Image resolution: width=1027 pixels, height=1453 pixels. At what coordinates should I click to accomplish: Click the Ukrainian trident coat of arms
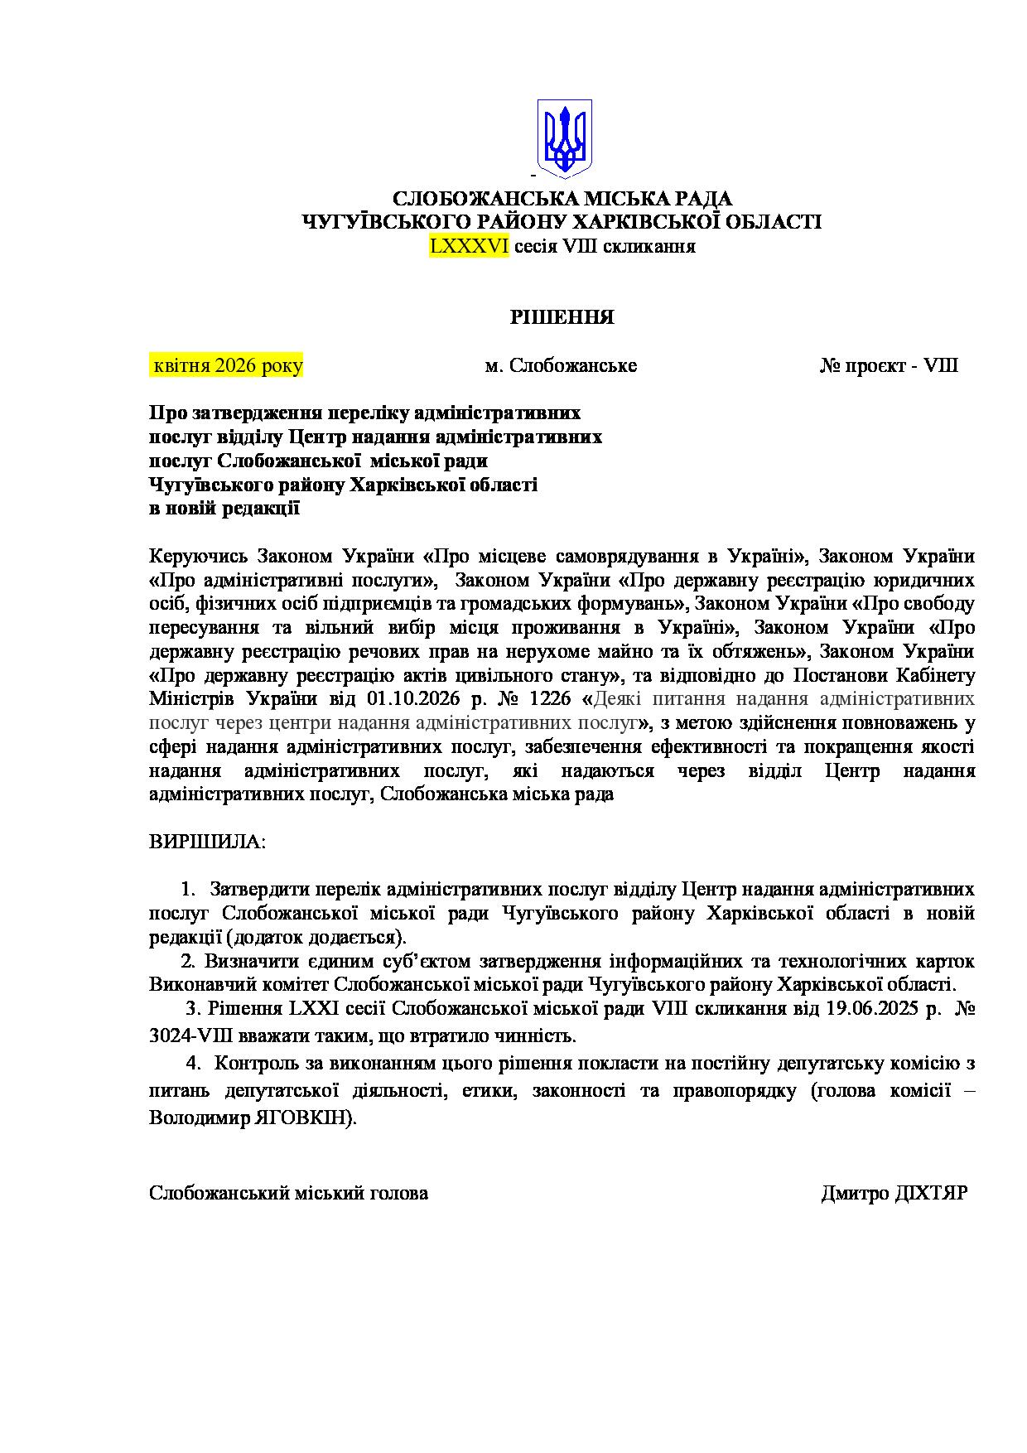(x=565, y=136)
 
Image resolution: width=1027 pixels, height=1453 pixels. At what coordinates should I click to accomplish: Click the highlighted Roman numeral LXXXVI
(x=469, y=246)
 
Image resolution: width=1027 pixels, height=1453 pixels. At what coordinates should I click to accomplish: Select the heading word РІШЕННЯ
(x=562, y=317)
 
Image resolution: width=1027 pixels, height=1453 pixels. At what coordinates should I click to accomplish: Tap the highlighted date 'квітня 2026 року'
(x=226, y=365)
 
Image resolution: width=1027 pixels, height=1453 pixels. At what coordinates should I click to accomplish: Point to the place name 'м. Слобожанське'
(x=561, y=365)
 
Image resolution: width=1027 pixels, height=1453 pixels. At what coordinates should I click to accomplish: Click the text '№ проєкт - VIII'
(x=889, y=365)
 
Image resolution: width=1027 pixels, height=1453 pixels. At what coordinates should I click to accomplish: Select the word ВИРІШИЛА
(x=207, y=842)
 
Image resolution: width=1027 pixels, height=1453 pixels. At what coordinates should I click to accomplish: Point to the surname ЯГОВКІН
(x=309, y=1117)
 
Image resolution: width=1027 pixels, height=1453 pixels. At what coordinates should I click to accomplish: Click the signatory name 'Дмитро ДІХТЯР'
(x=894, y=1193)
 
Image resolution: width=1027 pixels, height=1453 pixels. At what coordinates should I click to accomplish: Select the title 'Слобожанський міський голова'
(x=288, y=1193)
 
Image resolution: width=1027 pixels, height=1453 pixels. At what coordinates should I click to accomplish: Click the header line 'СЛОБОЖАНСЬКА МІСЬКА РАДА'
(x=562, y=199)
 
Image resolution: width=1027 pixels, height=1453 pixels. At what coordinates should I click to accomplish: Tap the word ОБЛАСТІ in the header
(x=768, y=222)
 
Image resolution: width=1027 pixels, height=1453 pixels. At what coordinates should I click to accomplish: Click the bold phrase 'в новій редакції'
(x=224, y=509)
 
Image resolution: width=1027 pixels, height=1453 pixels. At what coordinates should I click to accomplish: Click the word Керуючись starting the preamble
(x=200, y=554)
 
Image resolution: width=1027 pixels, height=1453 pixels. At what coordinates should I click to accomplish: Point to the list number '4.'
(x=194, y=1062)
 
